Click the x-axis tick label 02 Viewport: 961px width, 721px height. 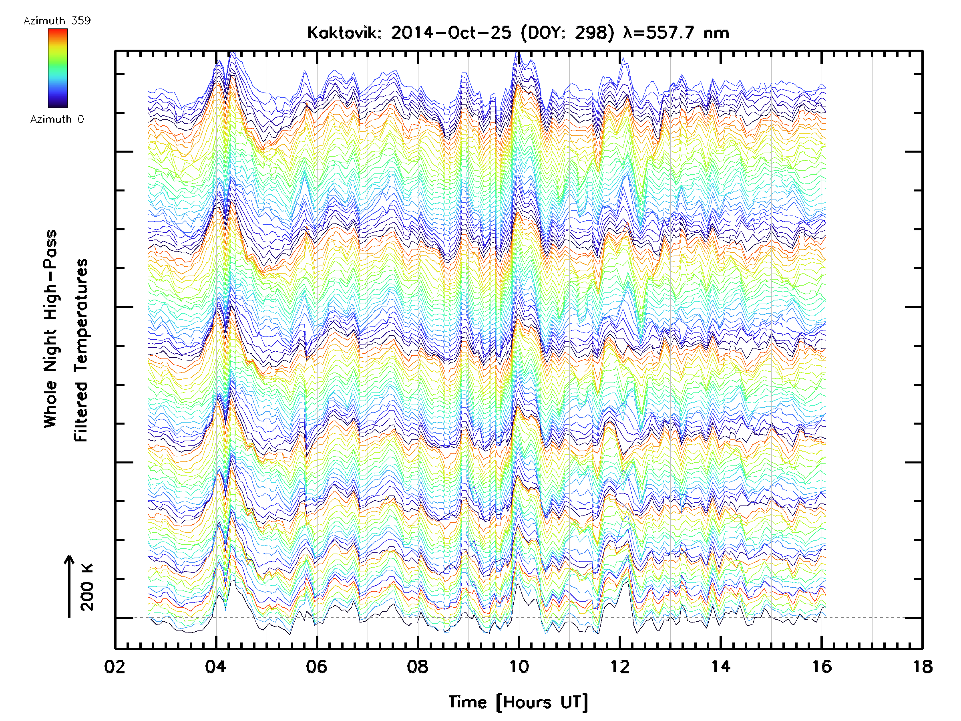click(x=115, y=667)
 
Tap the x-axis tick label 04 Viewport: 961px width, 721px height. click(x=216, y=667)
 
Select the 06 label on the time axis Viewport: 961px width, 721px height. click(x=317, y=667)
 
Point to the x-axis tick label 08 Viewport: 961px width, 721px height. click(x=418, y=667)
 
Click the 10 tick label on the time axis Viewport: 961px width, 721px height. click(x=519, y=667)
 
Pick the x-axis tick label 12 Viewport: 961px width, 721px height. click(x=619, y=667)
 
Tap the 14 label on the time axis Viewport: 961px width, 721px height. click(x=721, y=667)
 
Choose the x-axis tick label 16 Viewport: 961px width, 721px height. click(x=822, y=667)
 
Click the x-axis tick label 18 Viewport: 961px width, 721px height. click(x=922, y=667)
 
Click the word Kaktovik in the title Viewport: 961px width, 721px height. click(x=344, y=33)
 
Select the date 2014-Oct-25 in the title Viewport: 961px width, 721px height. click(x=451, y=33)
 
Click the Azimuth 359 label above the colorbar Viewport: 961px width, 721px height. click(x=57, y=21)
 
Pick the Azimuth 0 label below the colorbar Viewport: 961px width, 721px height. click(x=57, y=119)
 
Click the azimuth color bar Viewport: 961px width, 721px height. click(x=58, y=68)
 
